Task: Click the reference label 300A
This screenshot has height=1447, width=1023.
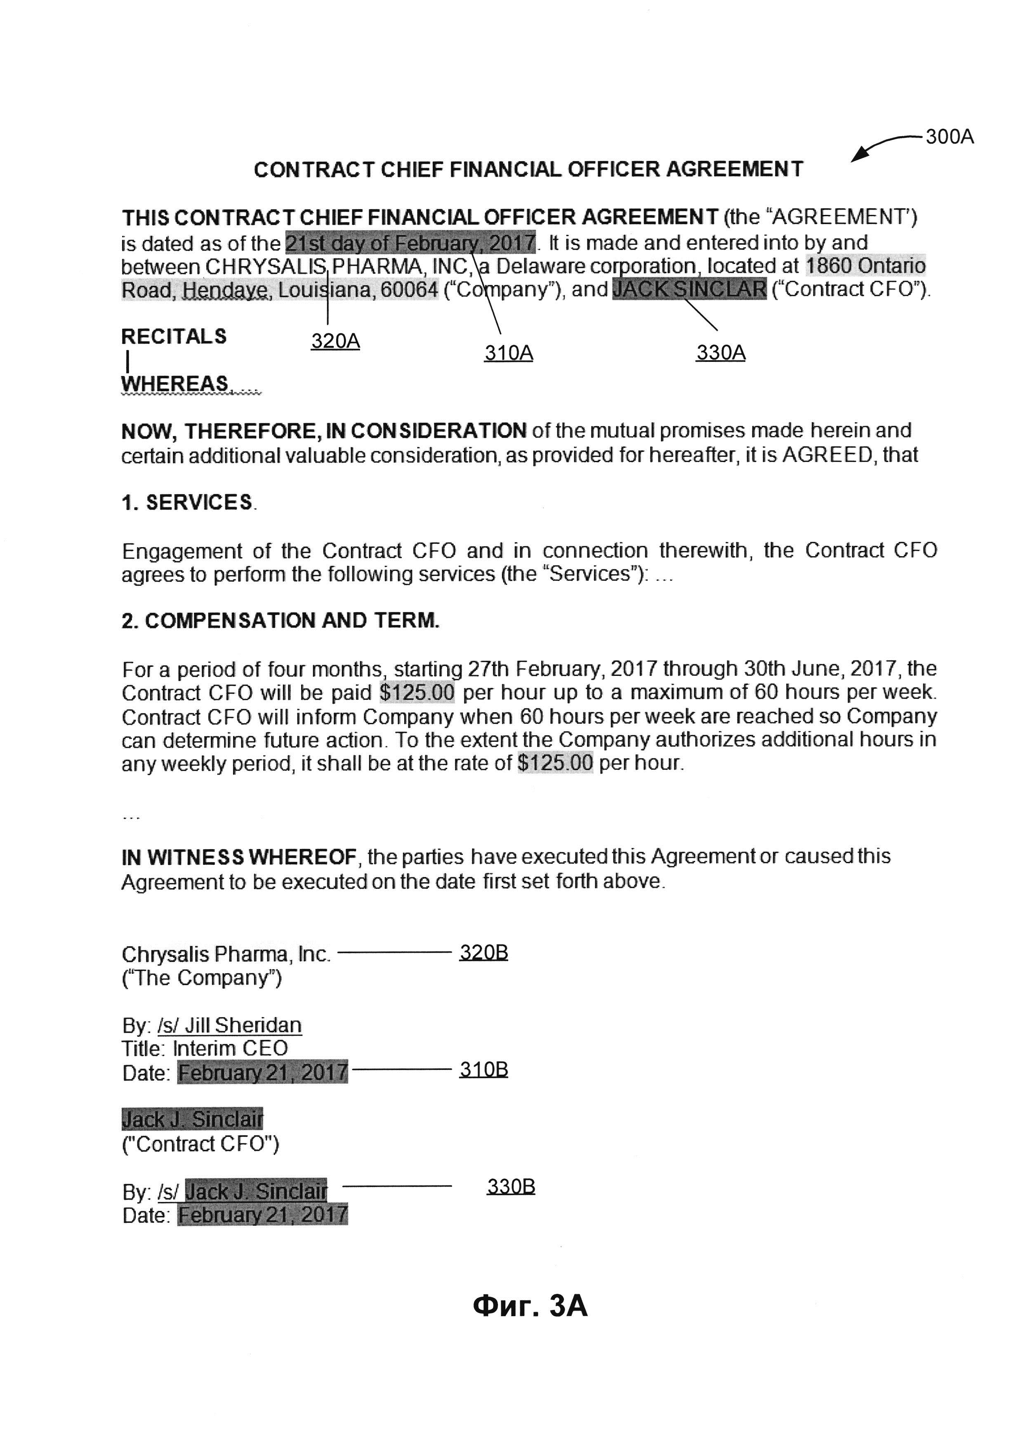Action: tap(949, 137)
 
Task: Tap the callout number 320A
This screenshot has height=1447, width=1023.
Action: tap(335, 341)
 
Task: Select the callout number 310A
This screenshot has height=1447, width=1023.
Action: tap(508, 353)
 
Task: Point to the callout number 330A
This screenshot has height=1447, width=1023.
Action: tap(721, 352)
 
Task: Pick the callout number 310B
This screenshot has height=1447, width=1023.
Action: tap(483, 1069)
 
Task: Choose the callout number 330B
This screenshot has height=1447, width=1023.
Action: tap(511, 1187)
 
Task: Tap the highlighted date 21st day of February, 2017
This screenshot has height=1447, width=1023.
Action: tap(410, 243)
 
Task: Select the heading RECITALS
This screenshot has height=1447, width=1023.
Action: tap(174, 337)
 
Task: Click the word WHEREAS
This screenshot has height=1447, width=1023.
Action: tap(175, 383)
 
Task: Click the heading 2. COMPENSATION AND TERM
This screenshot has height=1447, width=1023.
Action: tap(280, 621)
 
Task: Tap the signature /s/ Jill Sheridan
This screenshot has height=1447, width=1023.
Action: tap(229, 1025)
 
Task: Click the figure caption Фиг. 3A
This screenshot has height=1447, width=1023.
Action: tap(530, 1306)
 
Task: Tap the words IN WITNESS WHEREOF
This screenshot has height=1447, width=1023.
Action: tap(239, 857)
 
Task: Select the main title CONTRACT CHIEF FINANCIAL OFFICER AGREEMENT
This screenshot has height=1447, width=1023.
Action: tap(528, 170)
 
